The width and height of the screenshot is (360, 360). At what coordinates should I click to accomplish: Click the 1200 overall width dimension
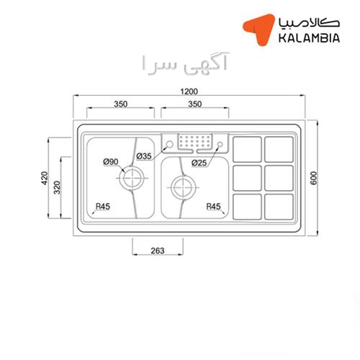(x=189, y=91)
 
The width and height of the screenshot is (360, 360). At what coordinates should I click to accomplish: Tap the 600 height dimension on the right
(x=313, y=178)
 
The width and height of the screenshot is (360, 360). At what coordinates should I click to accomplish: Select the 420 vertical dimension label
(x=45, y=178)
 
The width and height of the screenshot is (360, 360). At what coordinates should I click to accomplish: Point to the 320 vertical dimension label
(x=57, y=187)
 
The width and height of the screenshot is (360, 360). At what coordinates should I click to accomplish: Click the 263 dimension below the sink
(x=158, y=251)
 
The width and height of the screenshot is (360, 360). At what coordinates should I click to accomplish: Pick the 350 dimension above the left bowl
(x=121, y=104)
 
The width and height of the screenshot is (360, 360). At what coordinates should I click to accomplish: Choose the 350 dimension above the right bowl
(x=195, y=104)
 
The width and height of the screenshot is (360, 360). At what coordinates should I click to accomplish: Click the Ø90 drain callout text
(x=111, y=162)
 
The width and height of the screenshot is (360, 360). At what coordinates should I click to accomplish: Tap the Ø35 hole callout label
(x=144, y=156)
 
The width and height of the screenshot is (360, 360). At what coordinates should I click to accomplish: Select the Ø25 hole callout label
(x=199, y=163)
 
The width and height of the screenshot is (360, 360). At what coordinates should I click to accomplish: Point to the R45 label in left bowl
(x=103, y=206)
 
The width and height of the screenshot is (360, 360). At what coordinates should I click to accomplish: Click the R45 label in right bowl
(x=213, y=206)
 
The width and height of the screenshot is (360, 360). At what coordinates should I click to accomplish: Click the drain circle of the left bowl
(x=132, y=168)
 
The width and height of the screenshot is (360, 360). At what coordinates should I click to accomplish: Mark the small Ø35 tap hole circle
(x=170, y=141)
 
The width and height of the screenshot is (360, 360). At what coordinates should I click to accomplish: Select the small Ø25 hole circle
(x=220, y=142)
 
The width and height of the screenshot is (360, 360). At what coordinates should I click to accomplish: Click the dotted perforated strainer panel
(x=195, y=141)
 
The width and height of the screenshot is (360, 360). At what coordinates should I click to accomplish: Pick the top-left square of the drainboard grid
(x=247, y=149)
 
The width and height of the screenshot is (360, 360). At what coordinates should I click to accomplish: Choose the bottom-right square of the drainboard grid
(x=279, y=207)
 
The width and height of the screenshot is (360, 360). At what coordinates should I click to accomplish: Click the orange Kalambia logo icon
(x=259, y=29)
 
